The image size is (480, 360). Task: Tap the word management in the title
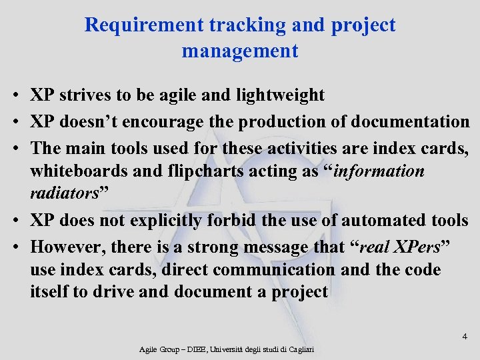240,51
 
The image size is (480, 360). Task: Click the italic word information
379,171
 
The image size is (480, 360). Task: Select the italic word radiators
65,193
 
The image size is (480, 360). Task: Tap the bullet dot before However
14,248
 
